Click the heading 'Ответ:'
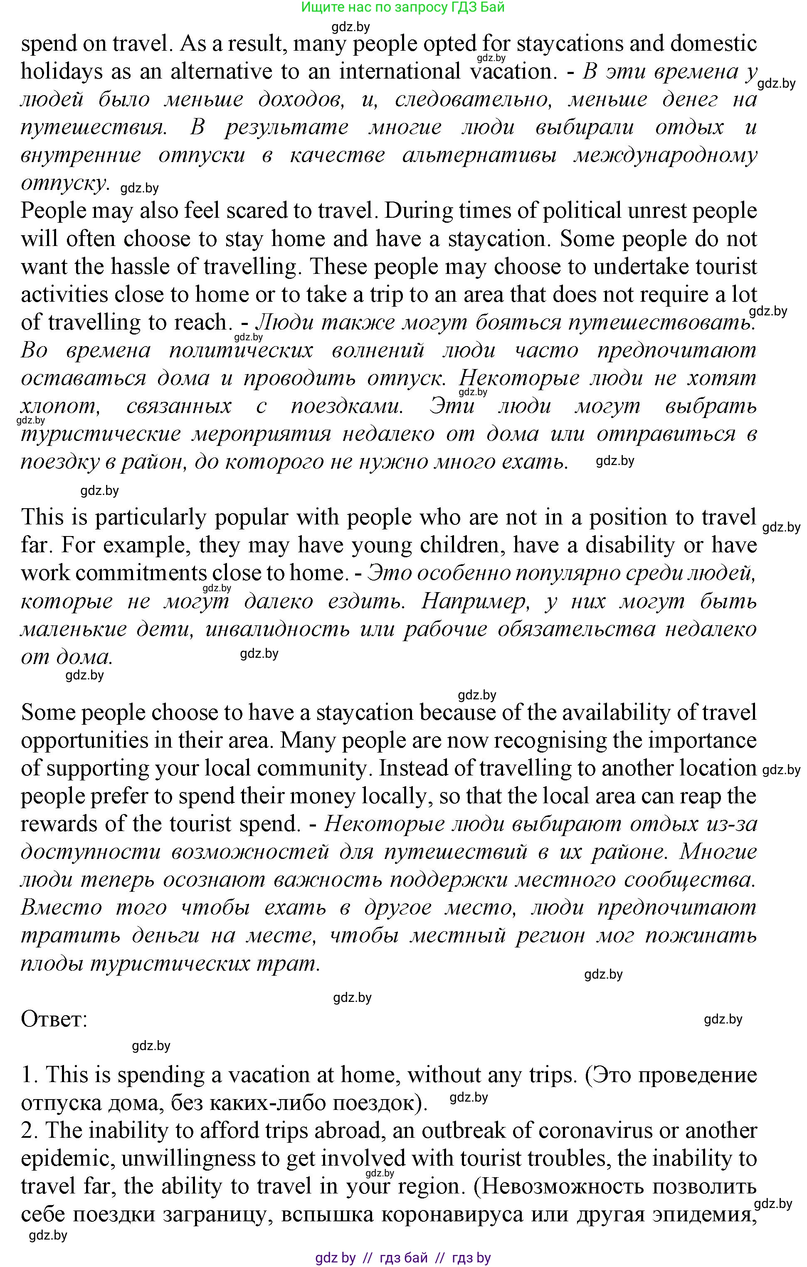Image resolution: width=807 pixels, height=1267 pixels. [x=54, y=1019]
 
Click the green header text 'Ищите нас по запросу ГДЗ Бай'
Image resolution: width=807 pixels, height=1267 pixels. [x=403, y=7]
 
